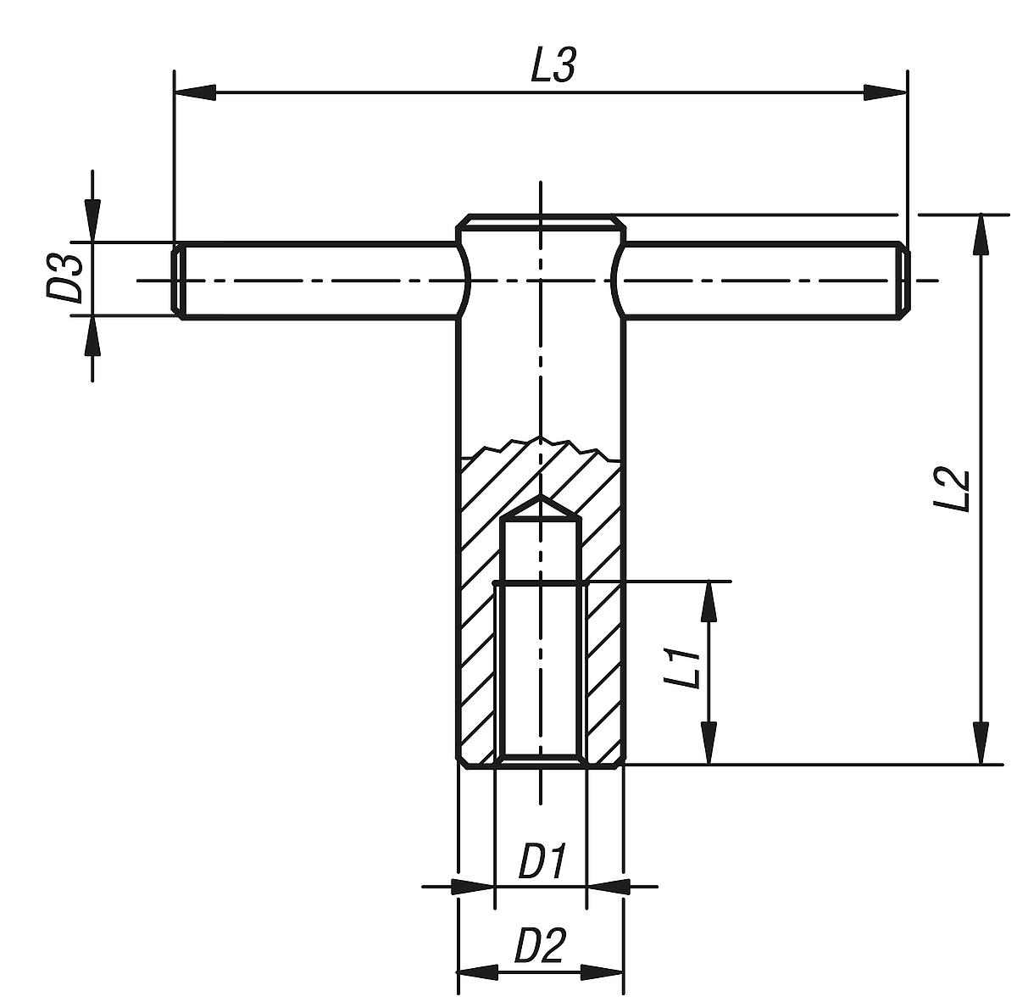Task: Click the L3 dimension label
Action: [x=553, y=66]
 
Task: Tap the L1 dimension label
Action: [x=682, y=667]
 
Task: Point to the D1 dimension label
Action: [x=541, y=863]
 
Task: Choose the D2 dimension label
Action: [x=539, y=945]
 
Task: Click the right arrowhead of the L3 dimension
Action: [x=885, y=92]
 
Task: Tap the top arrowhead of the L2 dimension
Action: [x=981, y=234]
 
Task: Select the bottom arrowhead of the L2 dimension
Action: [x=981, y=743]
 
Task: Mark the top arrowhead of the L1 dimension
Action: [x=709, y=602]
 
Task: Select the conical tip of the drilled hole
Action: [x=541, y=508]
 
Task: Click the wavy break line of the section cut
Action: [x=540, y=444]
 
